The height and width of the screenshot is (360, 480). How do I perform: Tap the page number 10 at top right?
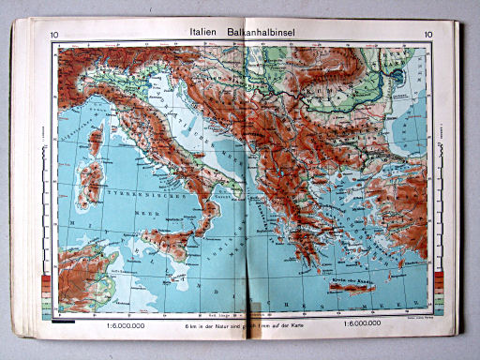[427, 37]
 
